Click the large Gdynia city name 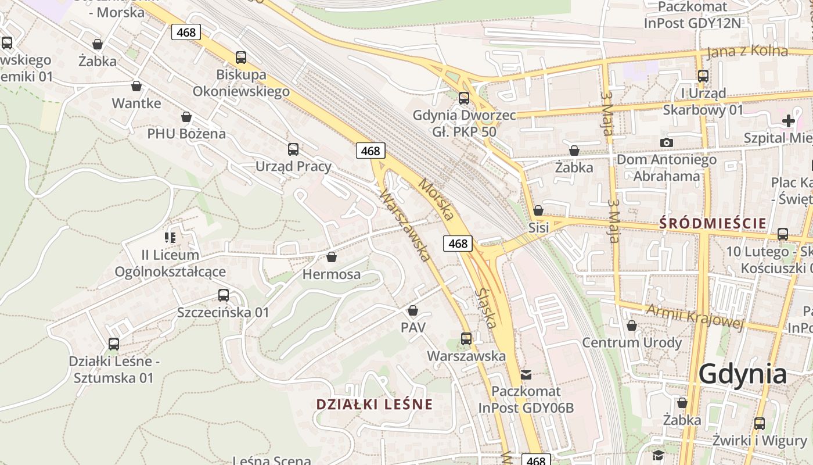742,374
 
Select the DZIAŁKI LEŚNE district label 374,405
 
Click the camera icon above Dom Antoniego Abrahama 666,142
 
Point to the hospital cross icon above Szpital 788,121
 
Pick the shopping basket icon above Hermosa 332,257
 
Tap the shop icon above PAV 413,310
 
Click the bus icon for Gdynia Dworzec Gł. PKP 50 463,98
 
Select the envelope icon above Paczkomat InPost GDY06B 526,375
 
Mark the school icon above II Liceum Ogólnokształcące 170,237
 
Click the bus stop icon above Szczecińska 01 223,295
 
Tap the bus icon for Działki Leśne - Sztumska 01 114,344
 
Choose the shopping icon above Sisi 538,210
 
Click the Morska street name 436,199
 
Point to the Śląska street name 486,309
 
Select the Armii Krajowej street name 695,317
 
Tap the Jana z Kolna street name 747,51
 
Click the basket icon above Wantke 136,87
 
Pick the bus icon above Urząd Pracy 293,149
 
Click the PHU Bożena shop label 186,134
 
